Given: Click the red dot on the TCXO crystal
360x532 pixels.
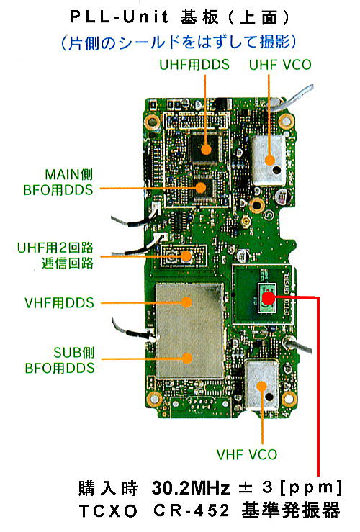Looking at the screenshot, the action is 268,298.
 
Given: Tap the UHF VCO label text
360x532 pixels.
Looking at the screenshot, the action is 280,65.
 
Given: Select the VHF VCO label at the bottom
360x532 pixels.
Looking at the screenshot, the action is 247,454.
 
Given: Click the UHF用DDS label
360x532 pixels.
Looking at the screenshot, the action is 194,65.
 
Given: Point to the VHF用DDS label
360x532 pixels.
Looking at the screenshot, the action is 59,302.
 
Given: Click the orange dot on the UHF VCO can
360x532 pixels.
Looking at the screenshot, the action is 270,160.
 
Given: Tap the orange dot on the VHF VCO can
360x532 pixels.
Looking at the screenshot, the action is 261,386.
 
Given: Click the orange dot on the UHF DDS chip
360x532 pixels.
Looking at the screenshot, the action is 206,149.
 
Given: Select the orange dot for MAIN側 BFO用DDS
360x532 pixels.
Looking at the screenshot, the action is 201,188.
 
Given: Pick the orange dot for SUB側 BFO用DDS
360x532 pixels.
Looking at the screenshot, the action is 186,359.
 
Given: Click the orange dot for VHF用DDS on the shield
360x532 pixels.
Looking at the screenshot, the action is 186,302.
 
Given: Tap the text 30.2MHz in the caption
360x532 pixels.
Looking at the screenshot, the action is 191,488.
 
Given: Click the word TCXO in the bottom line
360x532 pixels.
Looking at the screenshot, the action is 108,510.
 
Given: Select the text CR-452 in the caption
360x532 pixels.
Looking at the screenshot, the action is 192,510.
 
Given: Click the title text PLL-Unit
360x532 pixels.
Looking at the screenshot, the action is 119,17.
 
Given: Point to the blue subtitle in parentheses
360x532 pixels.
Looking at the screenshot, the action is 179,42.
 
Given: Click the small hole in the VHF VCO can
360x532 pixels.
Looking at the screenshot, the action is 269,396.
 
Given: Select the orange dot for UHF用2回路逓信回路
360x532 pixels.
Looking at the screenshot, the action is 186,256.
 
